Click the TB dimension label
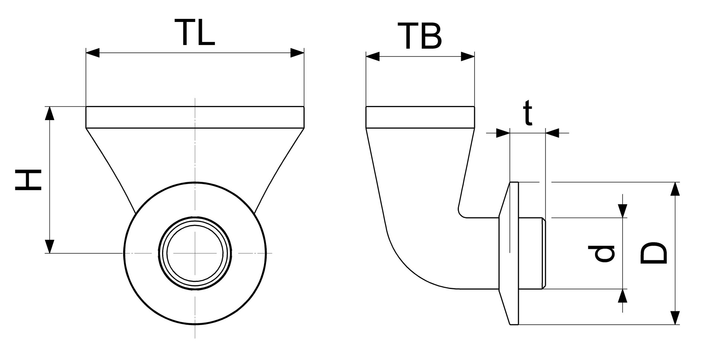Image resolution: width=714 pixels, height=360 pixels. point(420,36)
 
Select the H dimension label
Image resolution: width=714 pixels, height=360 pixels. point(28,180)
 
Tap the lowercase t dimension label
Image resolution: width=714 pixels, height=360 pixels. point(528,113)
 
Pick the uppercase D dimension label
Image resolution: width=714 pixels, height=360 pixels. point(654,253)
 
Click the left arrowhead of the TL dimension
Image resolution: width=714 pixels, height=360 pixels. point(93,53)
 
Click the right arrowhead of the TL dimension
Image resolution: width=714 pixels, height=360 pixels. point(297,53)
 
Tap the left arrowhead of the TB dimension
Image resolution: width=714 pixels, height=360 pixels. point(373,57)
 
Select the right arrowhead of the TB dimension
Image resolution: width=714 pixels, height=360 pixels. point(468,57)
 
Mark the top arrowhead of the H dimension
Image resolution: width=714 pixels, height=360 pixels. point(49,113)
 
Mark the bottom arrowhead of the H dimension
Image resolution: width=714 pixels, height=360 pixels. point(49,246)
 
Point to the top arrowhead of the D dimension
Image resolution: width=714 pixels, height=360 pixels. point(675,189)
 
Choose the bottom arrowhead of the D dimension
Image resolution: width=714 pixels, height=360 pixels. point(675,318)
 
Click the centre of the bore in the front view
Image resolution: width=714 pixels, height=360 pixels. point(195,253)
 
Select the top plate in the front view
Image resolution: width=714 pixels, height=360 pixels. point(195,117)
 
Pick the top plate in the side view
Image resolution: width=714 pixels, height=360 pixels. point(420,117)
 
